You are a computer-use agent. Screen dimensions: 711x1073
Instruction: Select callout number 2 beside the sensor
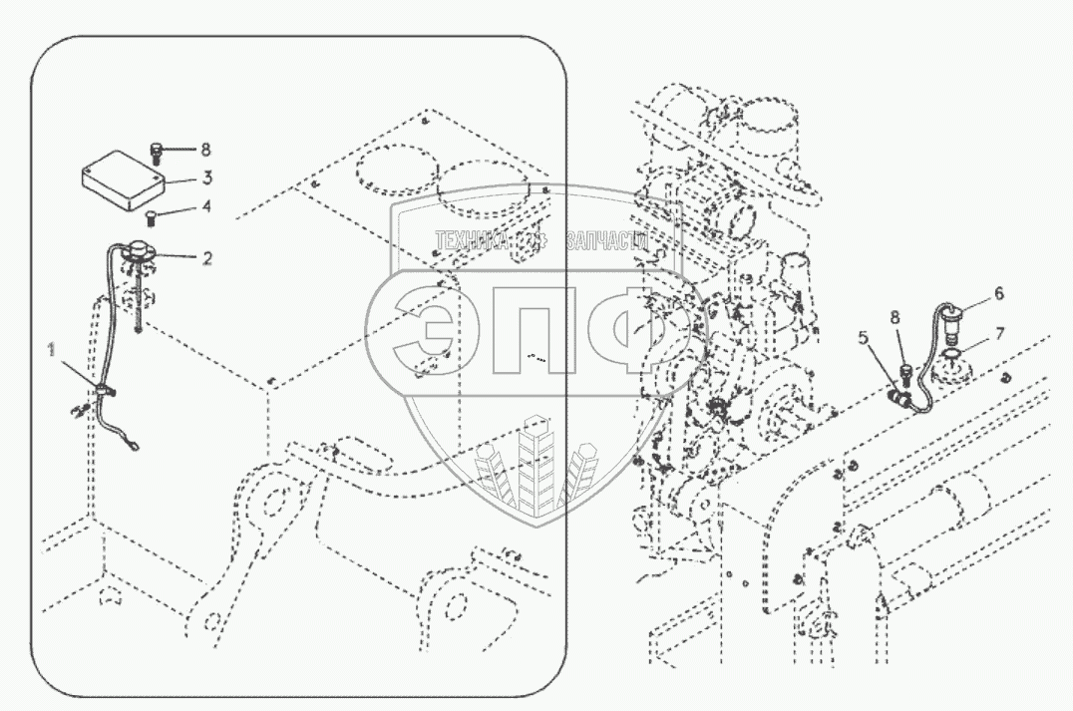[206, 258]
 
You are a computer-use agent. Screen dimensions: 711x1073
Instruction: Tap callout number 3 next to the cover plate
[206, 178]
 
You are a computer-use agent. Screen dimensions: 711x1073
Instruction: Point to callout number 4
[206, 207]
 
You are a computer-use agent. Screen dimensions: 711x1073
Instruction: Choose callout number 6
[998, 294]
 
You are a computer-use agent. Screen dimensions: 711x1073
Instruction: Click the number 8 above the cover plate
[205, 150]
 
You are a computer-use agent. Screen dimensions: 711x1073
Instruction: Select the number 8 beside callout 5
[894, 317]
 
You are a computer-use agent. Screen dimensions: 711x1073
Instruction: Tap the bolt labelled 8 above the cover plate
[157, 152]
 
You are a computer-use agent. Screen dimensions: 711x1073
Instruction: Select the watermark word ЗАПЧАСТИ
[606, 240]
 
